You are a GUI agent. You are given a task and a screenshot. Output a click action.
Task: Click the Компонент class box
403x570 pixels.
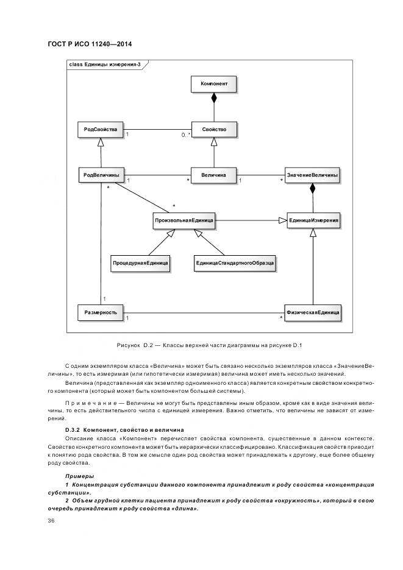tap(213, 83)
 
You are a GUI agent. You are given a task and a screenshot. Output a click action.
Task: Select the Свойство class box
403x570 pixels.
tap(213, 129)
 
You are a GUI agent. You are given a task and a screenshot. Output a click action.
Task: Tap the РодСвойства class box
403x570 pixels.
tap(101, 129)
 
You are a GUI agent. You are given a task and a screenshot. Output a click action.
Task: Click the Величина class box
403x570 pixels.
tap(213, 175)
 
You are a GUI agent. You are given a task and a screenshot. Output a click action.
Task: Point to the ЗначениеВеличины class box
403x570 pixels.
tap(312, 175)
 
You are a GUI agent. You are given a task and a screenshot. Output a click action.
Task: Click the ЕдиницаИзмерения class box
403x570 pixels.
tap(313, 220)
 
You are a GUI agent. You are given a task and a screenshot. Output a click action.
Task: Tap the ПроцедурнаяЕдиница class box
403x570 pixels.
tap(140, 264)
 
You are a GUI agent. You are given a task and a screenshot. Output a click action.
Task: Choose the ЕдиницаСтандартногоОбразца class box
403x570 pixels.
tap(235, 264)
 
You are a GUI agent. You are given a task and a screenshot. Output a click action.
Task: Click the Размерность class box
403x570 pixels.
tap(101, 312)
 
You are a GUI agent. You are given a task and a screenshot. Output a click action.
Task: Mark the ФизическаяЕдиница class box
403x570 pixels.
tap(313, 312)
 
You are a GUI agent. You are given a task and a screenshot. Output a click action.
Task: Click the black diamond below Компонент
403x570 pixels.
tap(213, 97)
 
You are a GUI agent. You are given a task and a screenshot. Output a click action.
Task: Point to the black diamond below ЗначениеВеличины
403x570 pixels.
tap(312, 189)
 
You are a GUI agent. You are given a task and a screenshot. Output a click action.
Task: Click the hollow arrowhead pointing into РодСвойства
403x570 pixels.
tap(101, 142)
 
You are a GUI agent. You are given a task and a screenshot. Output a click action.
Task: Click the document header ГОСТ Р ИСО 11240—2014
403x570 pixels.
tap(90, 44)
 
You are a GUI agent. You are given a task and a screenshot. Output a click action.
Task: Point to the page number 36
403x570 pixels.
tap(52, 521)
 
